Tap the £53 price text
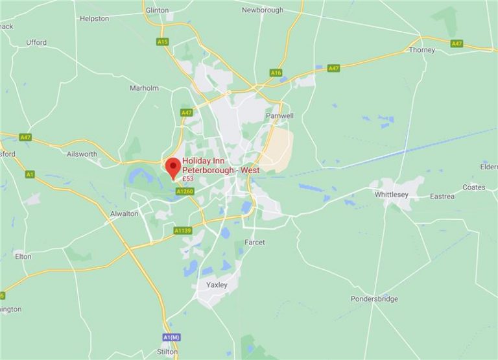tap(188, 178)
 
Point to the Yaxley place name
tap(216, 285)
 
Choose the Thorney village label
tap(421, 49)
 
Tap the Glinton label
tap(158, 10)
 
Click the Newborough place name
tap(263, 10)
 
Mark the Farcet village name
tap(255, 242)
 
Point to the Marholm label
tap(144, 88)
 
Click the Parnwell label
tap(280, 116)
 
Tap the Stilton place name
tap(167, 352)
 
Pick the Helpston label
tap(94, 19)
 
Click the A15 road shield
tap(162, 42)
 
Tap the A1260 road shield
tap(185, 191)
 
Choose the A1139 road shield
tap(183, 230)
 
